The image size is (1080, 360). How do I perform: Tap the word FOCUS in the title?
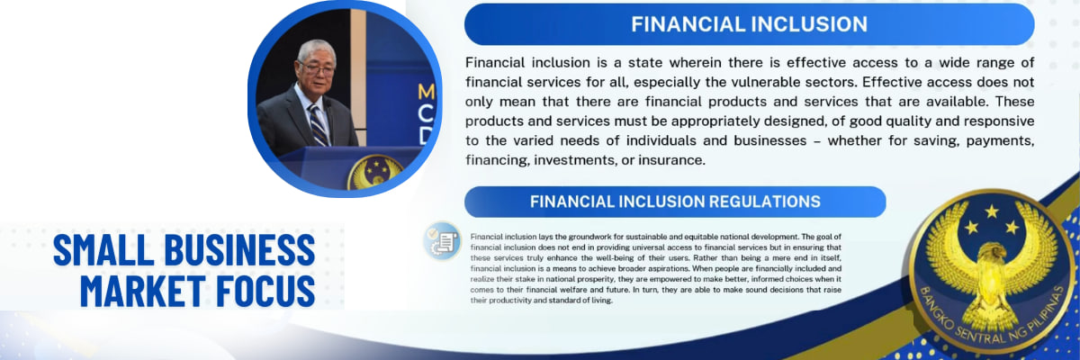coord(265,291)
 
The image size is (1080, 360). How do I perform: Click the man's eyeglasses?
coord(317,69)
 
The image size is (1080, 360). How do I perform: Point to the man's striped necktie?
coord(319,125)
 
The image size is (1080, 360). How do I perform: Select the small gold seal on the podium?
coord(374,173)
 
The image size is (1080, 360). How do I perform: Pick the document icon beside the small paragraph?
coord(443,241)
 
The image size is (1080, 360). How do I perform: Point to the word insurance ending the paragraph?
coord(671,160)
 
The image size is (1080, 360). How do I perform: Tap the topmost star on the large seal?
coord(992,211)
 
